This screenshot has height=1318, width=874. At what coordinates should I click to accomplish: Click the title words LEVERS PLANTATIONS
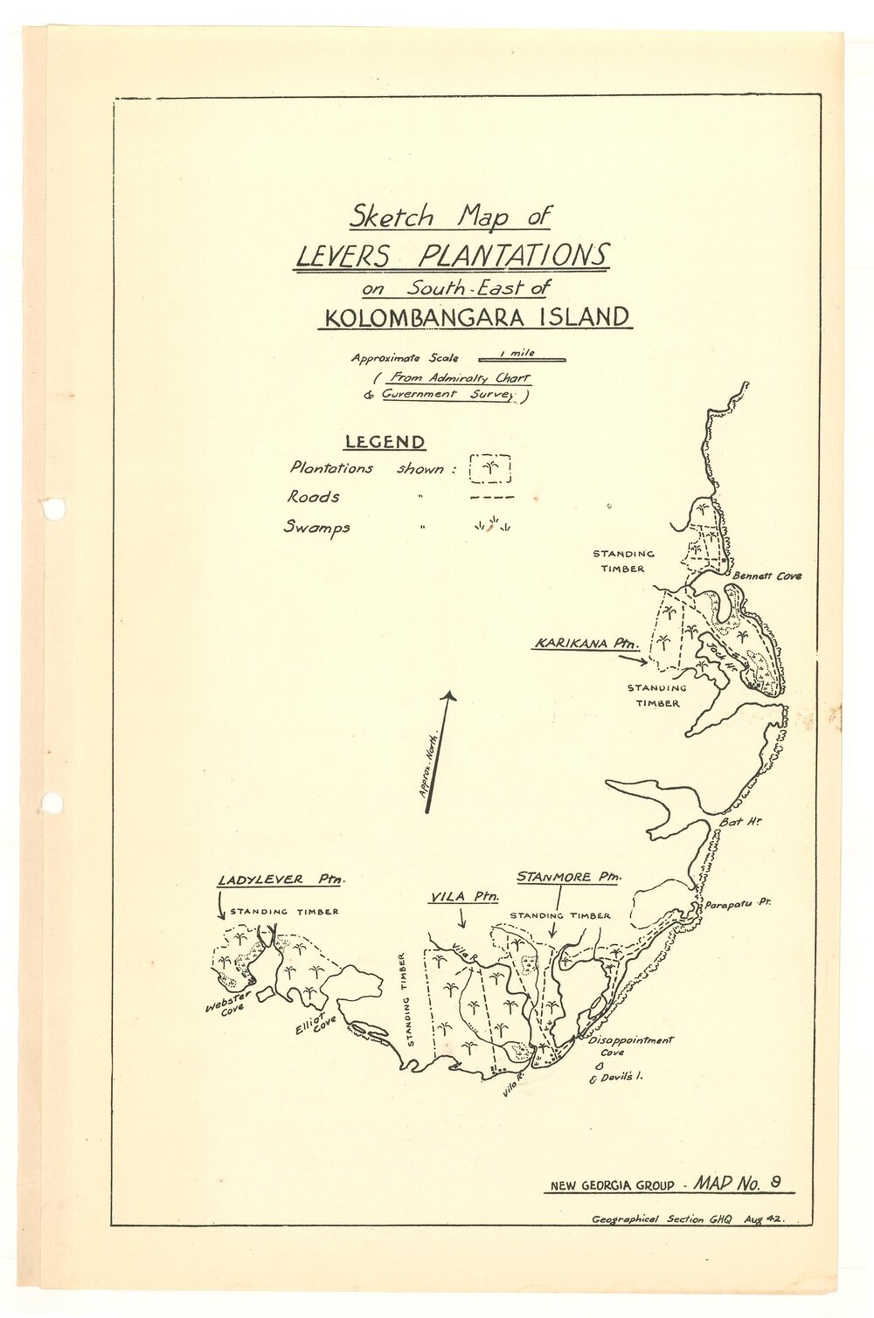tap(451, 256)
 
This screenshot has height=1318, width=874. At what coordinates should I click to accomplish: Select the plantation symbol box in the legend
tap(490, 468)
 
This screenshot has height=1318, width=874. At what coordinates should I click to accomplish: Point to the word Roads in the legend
tap(314, 497)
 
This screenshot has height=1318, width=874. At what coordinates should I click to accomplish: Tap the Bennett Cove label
tap(766, 576)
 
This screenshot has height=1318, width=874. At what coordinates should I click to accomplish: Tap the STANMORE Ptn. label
tap(567, 876)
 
